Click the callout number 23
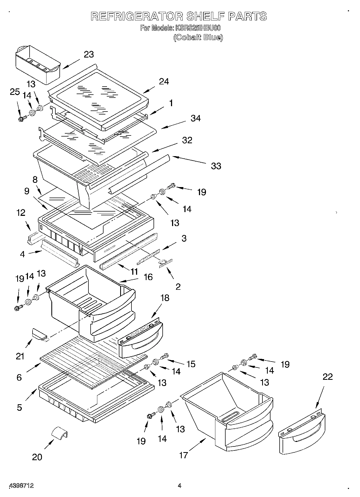[x=89, y=54]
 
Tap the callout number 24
[x=163, y=81]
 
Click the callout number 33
[x=216, y=166]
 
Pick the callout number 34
[x=195, y=118]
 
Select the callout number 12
[x=21, y=213]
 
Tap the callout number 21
[x=20, y=356]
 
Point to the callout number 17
[x=183, y=455]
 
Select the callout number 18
[x=165, y=298]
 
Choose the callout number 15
[x=191, y=364]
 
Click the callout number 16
[x=148, y=277]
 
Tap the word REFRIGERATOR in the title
[x=136, y=17]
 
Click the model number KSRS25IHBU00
[x=198, y=28]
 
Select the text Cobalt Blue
[x=198, y=37]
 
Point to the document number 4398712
[x=22, y=485]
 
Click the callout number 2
[x=178, y=287]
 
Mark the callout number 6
[x=19, y=377]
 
